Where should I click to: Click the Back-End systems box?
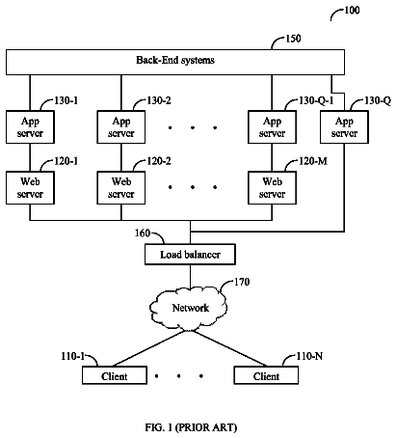tap(175, 62)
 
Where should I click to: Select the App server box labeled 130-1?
tap(30, 127)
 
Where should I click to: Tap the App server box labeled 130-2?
tap(121, 127)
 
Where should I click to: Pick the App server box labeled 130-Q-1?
tap(272, 127)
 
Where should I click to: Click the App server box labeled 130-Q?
tap(344, 127)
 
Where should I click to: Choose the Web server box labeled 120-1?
tap(30, 188)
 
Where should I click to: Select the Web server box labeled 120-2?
tap(121, 188)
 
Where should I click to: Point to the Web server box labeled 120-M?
tap(272, 188)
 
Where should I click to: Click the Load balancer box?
tap(190, 255)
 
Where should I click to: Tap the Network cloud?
tap(189, 308)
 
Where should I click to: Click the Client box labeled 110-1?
tap(115, 375)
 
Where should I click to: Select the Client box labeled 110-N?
tap(266, 375)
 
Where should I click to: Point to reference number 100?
tap(352, 11)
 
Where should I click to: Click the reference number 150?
tap(293, 39)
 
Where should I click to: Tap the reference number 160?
tap(143, 233)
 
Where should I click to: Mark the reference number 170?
tap(242, 282)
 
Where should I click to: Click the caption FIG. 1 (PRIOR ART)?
tap(191, 427)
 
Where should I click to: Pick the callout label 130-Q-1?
tap(316, 100)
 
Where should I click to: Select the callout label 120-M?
tap(313, 161)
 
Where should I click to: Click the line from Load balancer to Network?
tap(190, 277)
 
